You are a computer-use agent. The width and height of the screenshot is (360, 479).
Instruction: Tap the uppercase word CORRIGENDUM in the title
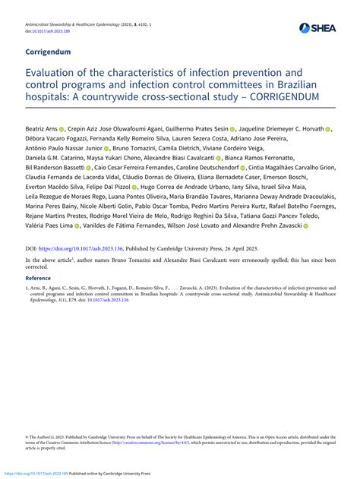click(270, 99)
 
